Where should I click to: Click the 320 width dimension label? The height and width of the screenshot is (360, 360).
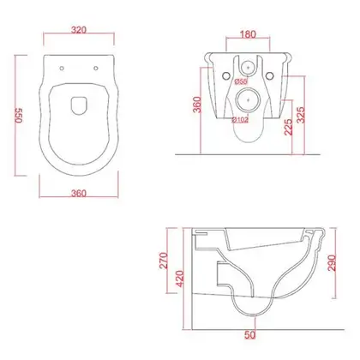79,30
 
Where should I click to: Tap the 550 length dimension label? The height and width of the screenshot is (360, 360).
19,116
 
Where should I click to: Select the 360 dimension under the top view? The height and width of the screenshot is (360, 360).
79,194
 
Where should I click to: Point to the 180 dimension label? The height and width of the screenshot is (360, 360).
248,34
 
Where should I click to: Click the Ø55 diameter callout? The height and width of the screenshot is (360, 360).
241,81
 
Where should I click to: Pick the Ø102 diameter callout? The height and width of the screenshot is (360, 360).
240,120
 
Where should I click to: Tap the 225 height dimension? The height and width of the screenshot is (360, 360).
289,127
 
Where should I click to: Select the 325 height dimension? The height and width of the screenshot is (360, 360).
301,115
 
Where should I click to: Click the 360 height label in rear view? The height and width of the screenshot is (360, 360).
197,105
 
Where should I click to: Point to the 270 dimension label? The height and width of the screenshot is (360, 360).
164,261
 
